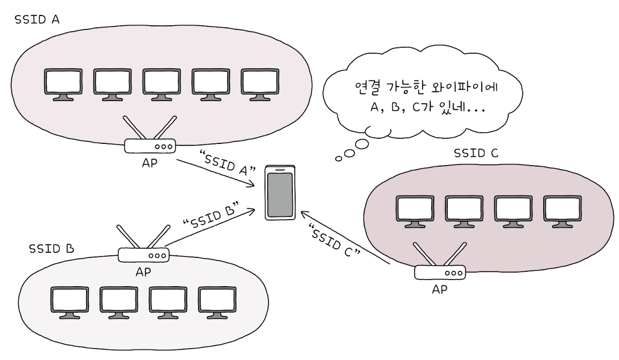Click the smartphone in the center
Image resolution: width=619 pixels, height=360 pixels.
[279, 193]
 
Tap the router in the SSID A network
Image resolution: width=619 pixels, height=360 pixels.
[150, 146]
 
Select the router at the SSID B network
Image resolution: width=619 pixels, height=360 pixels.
[143, 255]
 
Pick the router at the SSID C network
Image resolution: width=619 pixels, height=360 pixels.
[440, 272]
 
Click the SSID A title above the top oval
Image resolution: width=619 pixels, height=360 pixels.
[37, 20]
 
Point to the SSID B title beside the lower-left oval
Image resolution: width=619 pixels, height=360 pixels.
[51, 249]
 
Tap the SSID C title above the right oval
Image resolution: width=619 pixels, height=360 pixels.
[476, 153]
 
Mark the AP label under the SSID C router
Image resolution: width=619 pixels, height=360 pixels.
[439, 289]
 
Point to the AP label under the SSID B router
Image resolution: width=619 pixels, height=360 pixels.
[143, 272]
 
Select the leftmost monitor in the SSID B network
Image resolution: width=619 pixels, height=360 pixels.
[70, 303]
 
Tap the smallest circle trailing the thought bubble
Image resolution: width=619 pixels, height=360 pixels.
[339, 158]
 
